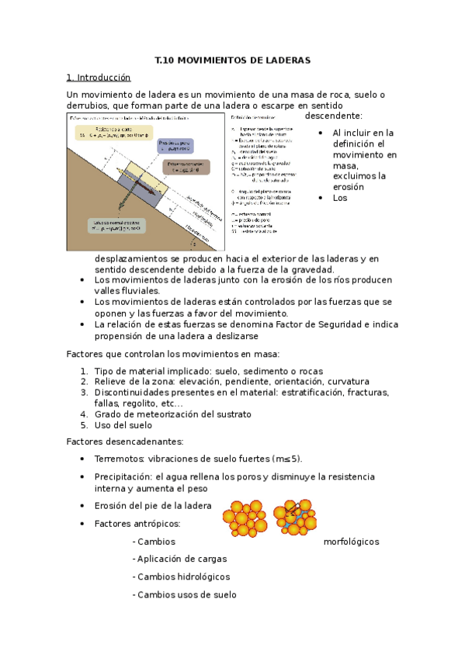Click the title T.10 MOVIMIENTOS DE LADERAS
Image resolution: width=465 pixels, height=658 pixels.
pyautogui.click(x=232, y=60)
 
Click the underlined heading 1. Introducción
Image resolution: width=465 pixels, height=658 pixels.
pyautogui.click(x=99, y=78)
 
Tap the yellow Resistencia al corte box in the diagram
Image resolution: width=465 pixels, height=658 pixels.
pyautogui.click(x=111, y=133)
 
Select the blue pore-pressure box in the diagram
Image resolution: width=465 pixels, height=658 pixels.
pyautogui.click(x=174, y=147)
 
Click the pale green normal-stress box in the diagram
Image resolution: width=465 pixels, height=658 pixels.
pyautogui.click(x=114, y=226)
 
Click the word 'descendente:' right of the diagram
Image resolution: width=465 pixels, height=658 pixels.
pyautogui.click(x=328, y=116)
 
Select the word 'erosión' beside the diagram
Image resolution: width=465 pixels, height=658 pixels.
pyautogui.click(x=349, y=186)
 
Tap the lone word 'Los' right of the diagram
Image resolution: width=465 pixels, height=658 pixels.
pyautogui.click(x=339, y=198)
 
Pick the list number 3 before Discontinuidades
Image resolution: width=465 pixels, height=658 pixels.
pyautogui.click(x=84, y=393)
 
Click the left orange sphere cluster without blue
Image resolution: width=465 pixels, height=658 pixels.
pyautogui.click(x=243, y=519)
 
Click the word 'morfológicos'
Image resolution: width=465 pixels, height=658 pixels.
pyautogui.click(x=351, y=542)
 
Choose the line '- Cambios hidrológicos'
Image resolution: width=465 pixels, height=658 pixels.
pyautogui.click(x=182, y=577)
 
